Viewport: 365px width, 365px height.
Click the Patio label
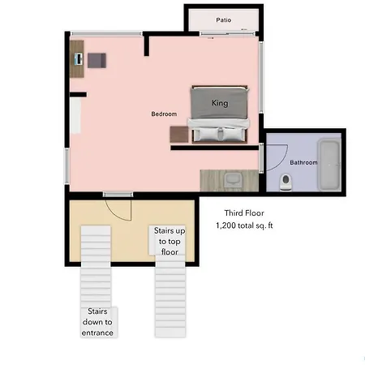tap(223, 20)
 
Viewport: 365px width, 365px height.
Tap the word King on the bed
tap(220, 103)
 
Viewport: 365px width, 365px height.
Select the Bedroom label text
tap(164, 114)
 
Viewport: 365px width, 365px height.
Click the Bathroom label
tap(303, 162)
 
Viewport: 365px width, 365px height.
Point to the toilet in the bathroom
tap(286, 182)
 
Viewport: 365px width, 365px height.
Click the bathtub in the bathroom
tap(329, 165)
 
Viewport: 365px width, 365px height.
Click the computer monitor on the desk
tap(79, 59)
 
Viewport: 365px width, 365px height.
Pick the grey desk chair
tap(97, 60)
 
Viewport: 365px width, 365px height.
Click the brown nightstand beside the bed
tap(179, 134)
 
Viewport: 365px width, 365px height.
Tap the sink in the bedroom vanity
tap(233, 180)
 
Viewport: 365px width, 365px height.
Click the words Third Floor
tap(244, 213)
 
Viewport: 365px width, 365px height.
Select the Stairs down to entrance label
tap(97, 322)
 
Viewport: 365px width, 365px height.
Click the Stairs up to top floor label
tap(170, 241)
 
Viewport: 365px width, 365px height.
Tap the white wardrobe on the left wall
tap(75, 115)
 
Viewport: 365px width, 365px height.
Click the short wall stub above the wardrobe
tap(78, 94)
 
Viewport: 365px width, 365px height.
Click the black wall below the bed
tap(215, 148)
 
